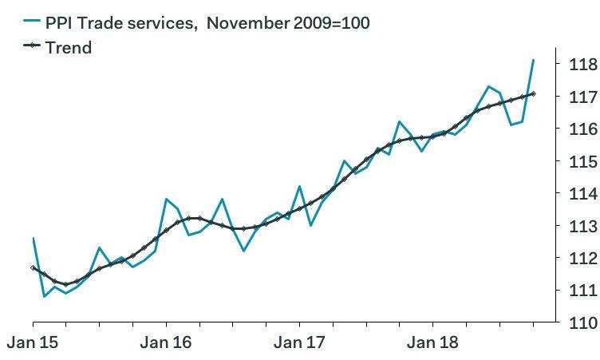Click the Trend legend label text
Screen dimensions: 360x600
coord(69,48)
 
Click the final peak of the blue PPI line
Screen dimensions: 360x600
coord(533,60)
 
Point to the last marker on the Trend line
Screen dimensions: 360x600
coord(533,94)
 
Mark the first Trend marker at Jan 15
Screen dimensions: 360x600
coord(33,267)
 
